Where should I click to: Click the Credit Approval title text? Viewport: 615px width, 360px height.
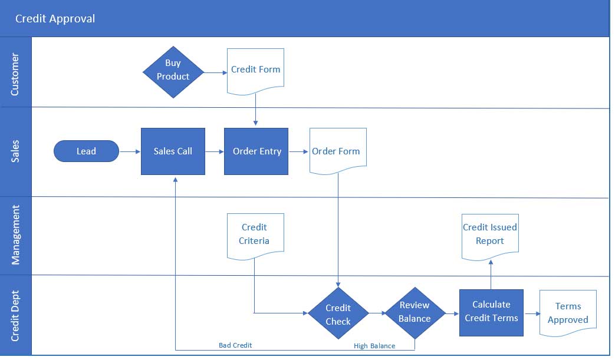click(x=55, y=19)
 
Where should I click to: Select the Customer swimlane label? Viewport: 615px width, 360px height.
click(x=15, y=74)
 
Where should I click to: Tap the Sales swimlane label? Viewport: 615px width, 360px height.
click(x=15, y=151)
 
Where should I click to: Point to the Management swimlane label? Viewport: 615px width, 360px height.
click(x=15, y=235)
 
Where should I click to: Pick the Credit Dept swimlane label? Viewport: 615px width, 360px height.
click(x=15, y=316)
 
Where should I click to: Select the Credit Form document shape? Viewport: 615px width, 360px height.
click(x=255, y=71)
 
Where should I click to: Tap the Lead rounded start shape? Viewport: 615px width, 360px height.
click(x=86, y=151)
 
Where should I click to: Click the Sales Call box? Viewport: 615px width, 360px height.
click(x=173, y=151)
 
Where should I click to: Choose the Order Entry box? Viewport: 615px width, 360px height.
click(x=256, y=151)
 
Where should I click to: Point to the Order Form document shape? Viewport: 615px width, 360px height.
click(x=337, y=150)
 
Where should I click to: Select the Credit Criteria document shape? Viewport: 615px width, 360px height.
click(x=255, y=235)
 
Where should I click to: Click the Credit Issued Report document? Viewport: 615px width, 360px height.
click(x=489, y=235)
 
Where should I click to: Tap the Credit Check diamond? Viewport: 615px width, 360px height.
click(x=338, y=314)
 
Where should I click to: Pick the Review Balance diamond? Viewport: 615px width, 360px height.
click(x=415, y=312)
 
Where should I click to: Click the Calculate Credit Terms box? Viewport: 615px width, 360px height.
click(x=491, y=312)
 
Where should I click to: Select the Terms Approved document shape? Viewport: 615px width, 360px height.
click(x=567, y=313)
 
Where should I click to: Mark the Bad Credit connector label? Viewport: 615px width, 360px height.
click(x=235, y=345)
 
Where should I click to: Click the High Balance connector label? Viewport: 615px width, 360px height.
click(x=374, y=346)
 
